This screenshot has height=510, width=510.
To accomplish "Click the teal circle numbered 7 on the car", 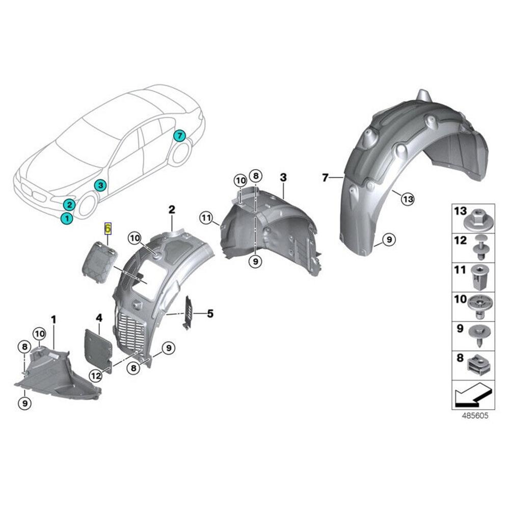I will pyautogui.click(x=179, y=136).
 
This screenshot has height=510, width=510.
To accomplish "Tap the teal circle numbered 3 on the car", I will pyautogui.click(x=100, y=185).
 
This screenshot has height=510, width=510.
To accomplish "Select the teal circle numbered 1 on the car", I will pyautogui.click(x=66, y=218).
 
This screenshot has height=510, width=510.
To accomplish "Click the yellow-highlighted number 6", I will pyautogui.click(x=108, y=228).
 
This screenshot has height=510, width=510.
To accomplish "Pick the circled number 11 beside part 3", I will pyautogui.click(x=205, y=218).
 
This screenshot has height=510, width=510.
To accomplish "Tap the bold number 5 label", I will pyautogui.click(x=209, y=313).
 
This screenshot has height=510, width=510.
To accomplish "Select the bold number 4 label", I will pyautogui.click(x=99, y=318).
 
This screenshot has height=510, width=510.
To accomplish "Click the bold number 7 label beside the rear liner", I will pyautogui.click(x=325, y=177).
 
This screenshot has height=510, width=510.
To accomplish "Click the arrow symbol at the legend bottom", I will pyautogui.click(x=471, y=394).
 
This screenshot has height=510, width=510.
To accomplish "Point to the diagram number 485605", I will pyautogui.click(x=475, y=416).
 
